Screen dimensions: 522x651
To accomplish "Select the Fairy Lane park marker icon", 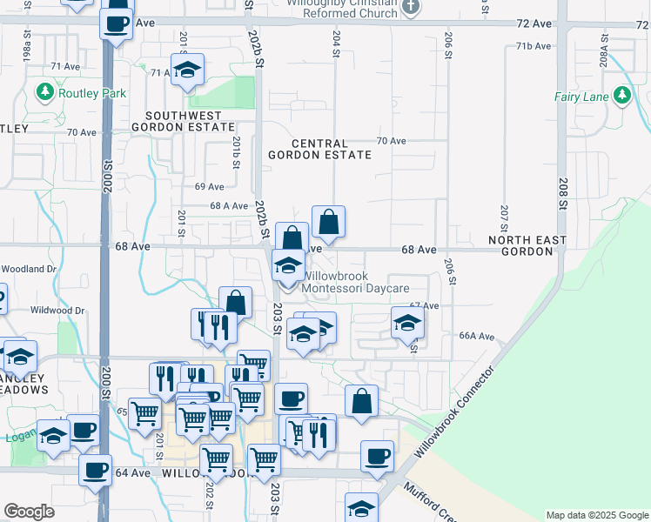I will click(x=621, y=96).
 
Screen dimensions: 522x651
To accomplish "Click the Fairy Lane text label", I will click(x=581, y=97).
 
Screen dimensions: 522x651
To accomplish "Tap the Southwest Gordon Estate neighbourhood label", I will click(x=184, y=121).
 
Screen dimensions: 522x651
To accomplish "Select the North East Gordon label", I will click(x=527, y=245).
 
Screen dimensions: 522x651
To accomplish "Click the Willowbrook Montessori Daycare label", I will click(x=354, y=280).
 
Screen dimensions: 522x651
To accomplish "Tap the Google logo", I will click(x=29, y=512).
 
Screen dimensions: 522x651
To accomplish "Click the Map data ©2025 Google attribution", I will click(x=596, y=515).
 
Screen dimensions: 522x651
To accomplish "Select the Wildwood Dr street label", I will click(x=57, y=310).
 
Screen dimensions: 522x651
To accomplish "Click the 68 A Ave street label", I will click(x=230, y=206).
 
